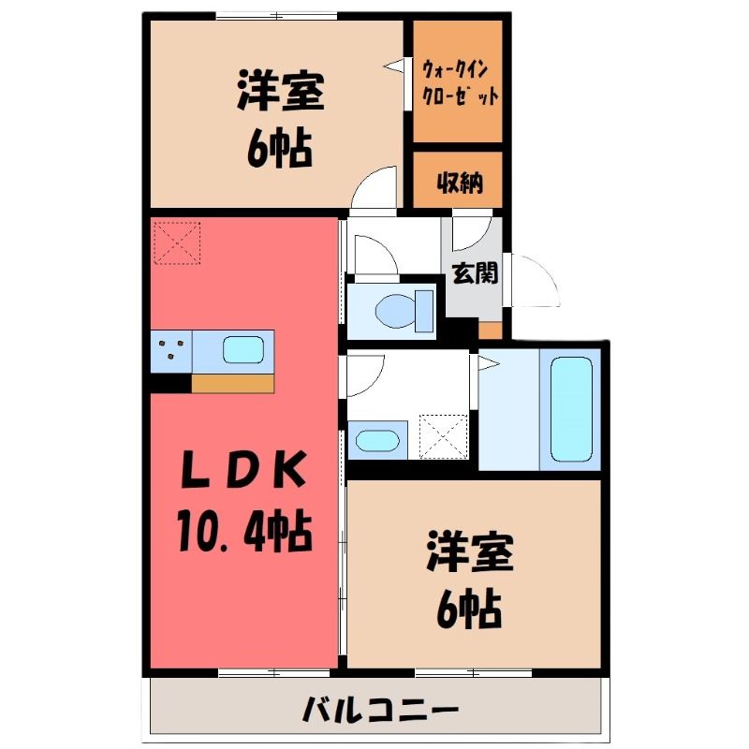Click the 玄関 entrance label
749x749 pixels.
(475, 272)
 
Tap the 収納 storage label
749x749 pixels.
(460, 182)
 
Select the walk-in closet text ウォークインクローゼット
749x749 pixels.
(460, 83)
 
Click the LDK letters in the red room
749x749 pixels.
(244, 470)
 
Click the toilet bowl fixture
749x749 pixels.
(396, 311)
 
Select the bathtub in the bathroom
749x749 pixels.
(571, 409)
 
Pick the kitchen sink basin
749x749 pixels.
(243, 349)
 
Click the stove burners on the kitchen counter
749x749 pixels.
(171, 348)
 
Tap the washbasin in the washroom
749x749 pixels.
(377, 440)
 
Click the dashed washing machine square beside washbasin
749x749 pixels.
(443, 436)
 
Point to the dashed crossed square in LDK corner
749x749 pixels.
(176, 242)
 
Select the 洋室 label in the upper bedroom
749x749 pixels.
(281, 91)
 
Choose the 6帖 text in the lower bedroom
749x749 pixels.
(469, 610)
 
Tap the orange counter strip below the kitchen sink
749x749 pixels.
(233, 384)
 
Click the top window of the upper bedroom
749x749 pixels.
(276, 16)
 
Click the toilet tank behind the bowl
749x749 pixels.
(424, 311)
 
